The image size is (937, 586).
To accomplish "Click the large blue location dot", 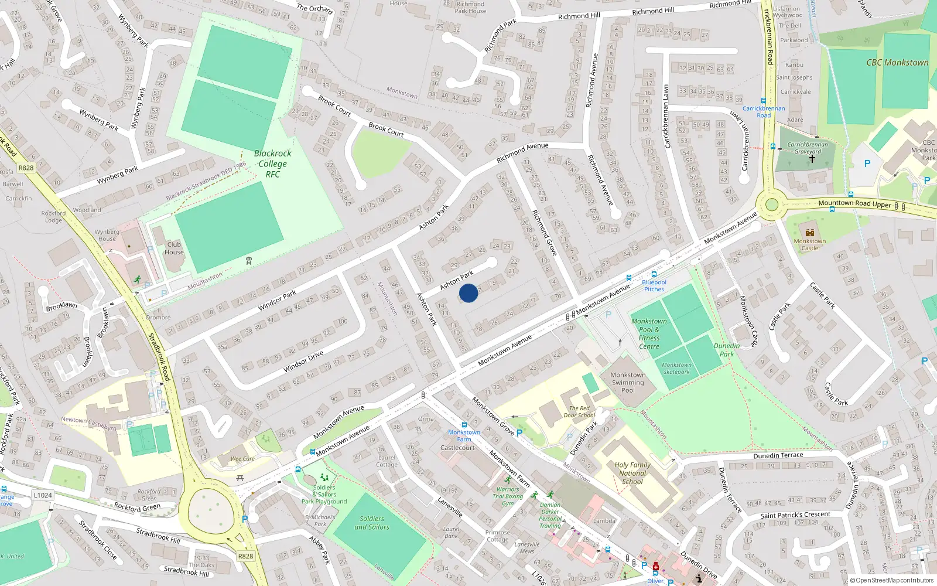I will coord(468,293).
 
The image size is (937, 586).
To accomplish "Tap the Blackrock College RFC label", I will coord(272,163).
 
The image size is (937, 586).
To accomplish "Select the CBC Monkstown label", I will coord(897,63).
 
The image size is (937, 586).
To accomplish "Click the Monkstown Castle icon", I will coord(810,233).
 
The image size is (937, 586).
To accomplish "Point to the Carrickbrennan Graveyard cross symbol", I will coord(812,159).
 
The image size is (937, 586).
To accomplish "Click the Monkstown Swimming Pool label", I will coord(628,383).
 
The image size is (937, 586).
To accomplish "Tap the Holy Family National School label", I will coord(632,473).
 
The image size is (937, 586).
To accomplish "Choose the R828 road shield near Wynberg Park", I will coord(26,168).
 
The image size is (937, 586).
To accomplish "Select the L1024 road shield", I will coord(43,495).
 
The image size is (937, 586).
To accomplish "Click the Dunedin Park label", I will coord(727,350).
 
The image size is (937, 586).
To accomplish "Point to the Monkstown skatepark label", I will coord(676,368).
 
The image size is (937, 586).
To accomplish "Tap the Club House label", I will coord(174,248).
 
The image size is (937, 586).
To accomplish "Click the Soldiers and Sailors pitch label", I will coord(371,523).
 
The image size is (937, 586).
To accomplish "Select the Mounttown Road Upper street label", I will coord(854,203).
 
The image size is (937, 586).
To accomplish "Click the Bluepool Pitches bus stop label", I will coord(654,285).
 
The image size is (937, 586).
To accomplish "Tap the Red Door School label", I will coord(579,412).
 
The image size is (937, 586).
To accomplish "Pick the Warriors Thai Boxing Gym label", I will coord(507,496).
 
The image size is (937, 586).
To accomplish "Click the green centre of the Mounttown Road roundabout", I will coord(772,205).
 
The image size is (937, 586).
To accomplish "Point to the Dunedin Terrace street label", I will coord(778,455).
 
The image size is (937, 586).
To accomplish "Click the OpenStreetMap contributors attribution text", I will coord(891,581).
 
